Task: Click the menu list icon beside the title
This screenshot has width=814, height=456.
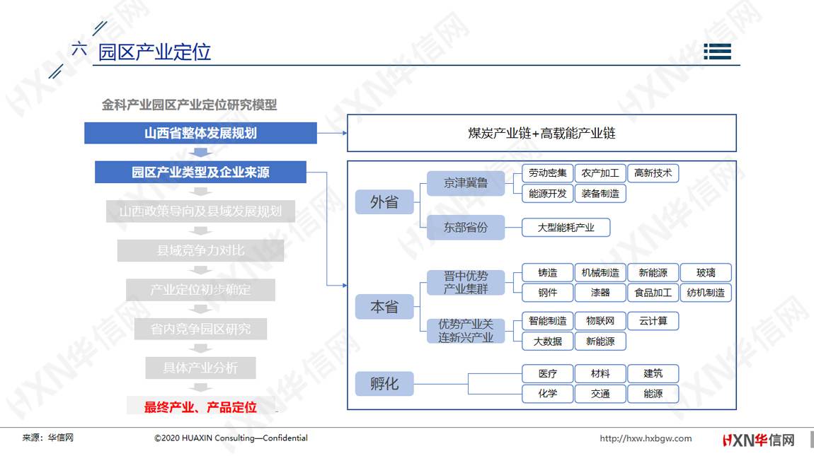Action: pyautogui.click(x=718, y=52)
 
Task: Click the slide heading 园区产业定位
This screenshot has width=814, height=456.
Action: pyautogui.click(x=154, y=52)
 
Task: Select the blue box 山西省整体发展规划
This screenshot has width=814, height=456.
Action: pyautogui.click(x=200, y=133)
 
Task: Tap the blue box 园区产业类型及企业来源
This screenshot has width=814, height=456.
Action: pyautogui.click(x=200, y=173)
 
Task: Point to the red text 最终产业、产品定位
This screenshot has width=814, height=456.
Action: pyautogui.click(x=200, y=407)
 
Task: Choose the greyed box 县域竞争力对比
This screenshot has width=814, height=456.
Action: pyautogui.click(x=200, y=250)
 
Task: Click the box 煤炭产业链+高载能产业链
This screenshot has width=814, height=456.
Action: pyautogui.click(x=541, y=134)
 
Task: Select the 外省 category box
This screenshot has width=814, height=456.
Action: pyautogui.click(x=384, y=201)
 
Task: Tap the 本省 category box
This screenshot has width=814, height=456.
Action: pyautogui.click(x=384, y=307)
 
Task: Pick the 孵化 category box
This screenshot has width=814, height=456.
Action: pyautogui.click(x=384, y=384)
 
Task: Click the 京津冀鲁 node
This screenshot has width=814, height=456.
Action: pyautogui.click(x=466, y=183)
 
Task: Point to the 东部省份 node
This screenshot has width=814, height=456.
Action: pyautogui.click(x=466, y=227)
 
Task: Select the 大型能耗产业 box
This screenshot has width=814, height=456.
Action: pyautogui.click(x=566, y=227)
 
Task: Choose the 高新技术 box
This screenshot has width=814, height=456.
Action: pyautogui.click(x=653, y=173)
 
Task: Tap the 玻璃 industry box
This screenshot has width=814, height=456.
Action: pyautogui.click(x=706, y=272)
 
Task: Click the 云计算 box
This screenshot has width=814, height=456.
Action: pyautogui.click(x=653, y=321)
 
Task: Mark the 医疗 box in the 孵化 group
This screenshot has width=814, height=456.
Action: pyautogui.click(x=548, y=373)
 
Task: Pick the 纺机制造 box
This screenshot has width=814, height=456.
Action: pyautogui.click(x=706, y=293)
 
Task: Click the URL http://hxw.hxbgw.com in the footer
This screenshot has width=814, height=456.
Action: pyautogui.click(x=646, y=438)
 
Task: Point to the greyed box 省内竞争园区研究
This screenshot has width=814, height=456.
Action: pyautogui.click(x=200, y=329)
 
